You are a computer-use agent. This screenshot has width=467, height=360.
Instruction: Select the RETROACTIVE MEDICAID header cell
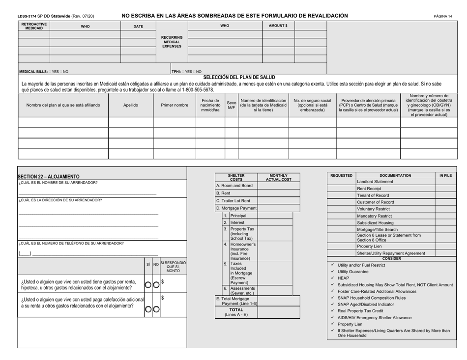pos(34,26)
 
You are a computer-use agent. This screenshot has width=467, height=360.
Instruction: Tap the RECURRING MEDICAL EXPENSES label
pos(172,42)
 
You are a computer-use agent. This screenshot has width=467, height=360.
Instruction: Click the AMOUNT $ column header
pos(278,26)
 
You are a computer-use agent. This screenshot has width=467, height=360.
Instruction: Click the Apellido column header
pos(130,105)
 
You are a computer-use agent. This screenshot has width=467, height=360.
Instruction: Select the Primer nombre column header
pos(175,105)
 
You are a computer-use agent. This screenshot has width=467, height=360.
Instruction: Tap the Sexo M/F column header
pos(231,105)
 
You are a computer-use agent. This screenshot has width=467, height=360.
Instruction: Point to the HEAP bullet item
pos(343,277)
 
